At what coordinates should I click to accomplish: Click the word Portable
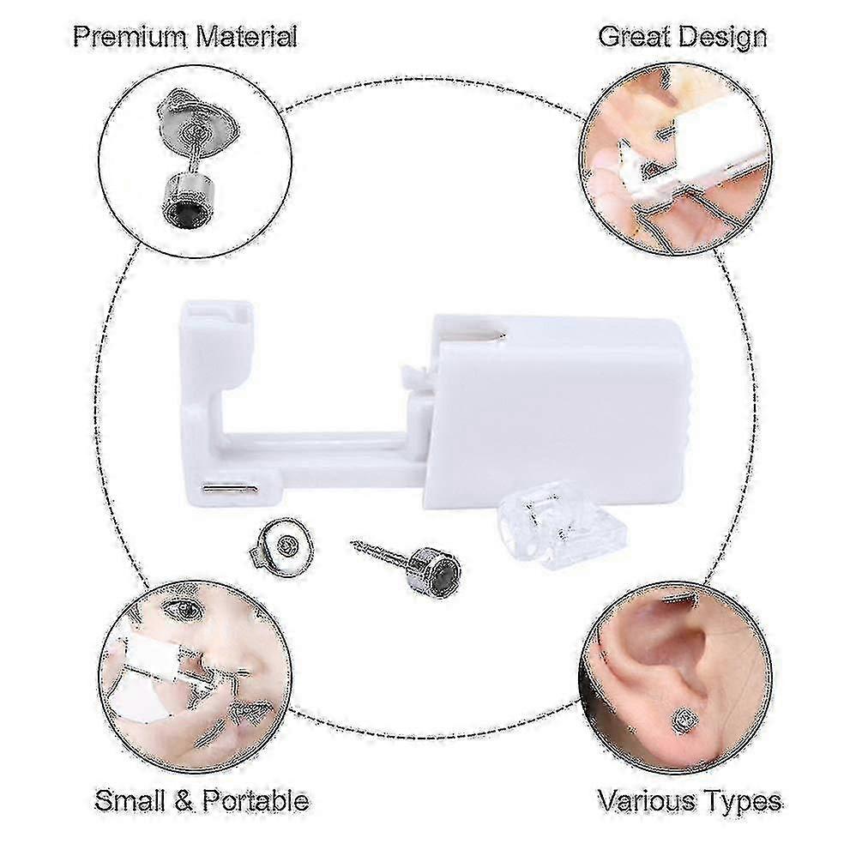coord(255,801)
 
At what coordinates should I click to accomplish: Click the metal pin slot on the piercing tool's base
coord(227,489)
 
